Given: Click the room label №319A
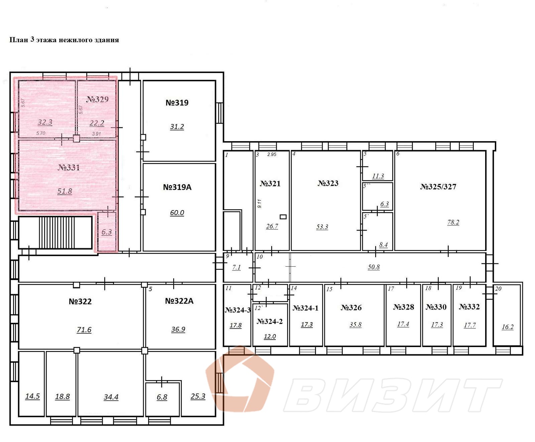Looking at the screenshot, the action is (x=177, y=187).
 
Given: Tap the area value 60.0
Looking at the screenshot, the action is (x=177, y=213).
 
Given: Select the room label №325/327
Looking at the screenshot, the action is (x=438, y=187).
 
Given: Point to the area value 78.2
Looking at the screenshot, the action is (x=453, y=223).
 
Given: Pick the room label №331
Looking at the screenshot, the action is (x=69, y=167).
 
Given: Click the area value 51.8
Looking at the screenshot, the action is (x=65, y=191).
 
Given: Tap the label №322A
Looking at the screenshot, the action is (x=179, y=301).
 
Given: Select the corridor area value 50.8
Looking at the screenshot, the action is (x=373, y=267).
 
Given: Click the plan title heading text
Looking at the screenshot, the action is (x=64, y=40).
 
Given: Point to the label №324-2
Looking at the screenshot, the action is (x=270, y=322).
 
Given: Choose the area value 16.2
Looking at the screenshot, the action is (x=508, y=327).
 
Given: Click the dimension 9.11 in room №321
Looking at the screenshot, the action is (x=259, y=203).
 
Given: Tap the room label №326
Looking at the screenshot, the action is (x=351, y=307).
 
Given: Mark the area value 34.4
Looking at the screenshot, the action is (x=111, y=397).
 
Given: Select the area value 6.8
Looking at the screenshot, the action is (x=162, y=397).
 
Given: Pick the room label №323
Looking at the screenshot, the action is (x=328, y=183).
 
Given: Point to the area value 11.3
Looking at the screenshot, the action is (x=378, y=176).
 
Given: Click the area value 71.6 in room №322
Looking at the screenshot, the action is (x=84, y=330).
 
